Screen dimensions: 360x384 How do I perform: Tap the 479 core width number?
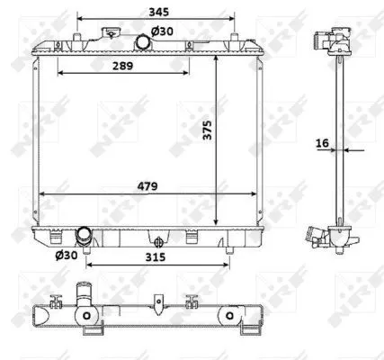[x=149, y=186]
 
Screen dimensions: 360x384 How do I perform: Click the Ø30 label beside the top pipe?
[x=161, y=31]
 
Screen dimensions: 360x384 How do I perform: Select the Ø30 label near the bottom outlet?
[x=66, y=256]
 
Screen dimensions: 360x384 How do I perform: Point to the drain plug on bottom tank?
[x=159, y=241]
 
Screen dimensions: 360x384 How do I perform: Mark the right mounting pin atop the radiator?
[x=237, y=38]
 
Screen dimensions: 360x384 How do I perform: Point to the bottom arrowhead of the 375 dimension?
[x=217, y=223]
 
